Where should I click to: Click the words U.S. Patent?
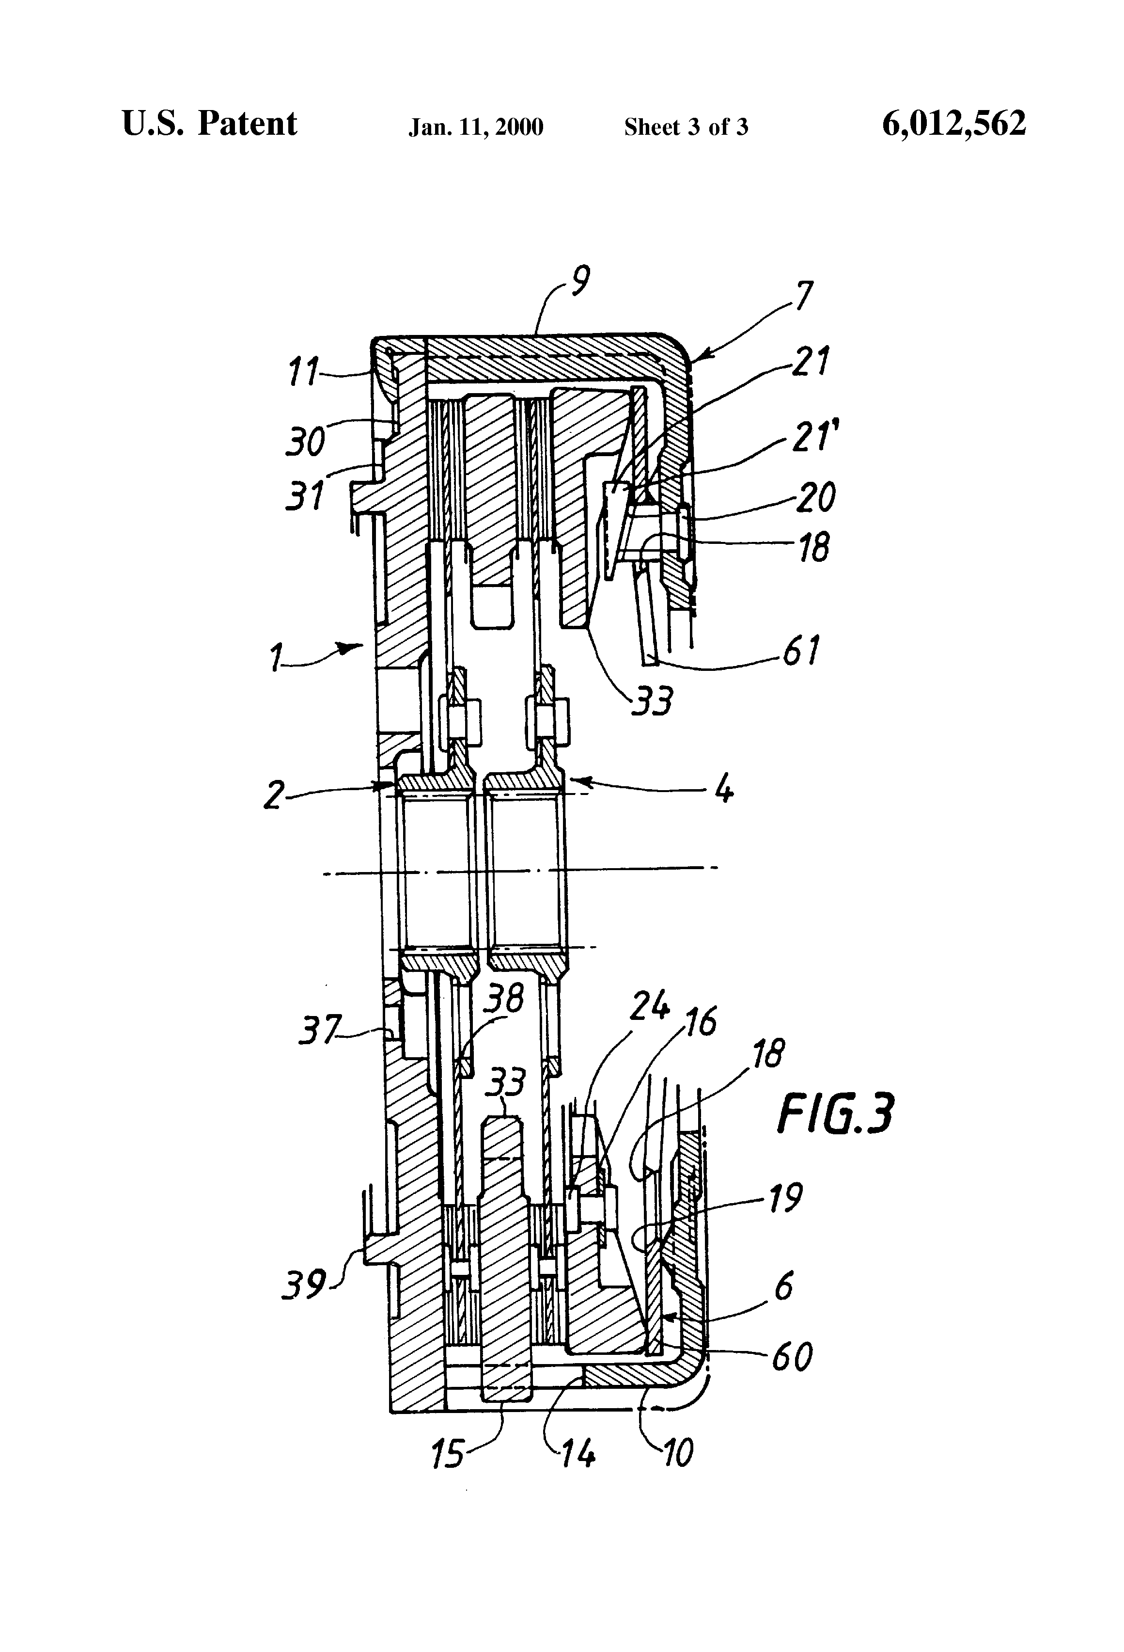210,124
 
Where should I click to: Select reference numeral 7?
802,297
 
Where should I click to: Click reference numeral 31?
304,495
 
